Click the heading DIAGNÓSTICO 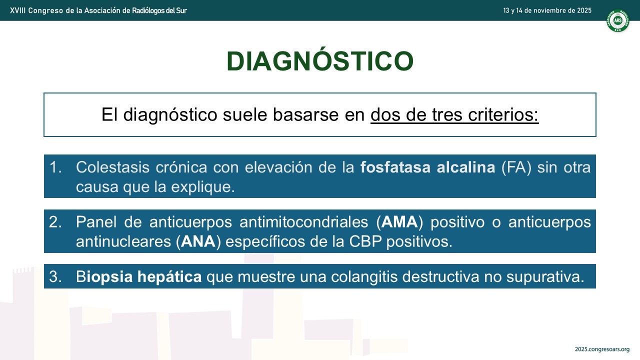[x=320, y=60]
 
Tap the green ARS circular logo [x=617, y=20]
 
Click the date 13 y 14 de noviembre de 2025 [x=547, y=10]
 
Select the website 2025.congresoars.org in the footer [x=602, y=349]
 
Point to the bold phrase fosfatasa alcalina [x=427, y=167]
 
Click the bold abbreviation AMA [x=399, y=222]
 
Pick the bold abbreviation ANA [x=198, y=241]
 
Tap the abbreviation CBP [x=365, y=241]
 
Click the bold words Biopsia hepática [x=139, y=276]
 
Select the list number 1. [x=55, y=167]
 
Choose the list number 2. [x=55, y=222]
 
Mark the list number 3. [x=55, y=276]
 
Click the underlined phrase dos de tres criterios [x=454, y=114]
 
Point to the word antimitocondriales [x=303, y=222]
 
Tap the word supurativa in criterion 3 [x=545, y=276]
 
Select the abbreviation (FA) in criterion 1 [x=516, y=167]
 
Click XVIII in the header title [x=17, y=10]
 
